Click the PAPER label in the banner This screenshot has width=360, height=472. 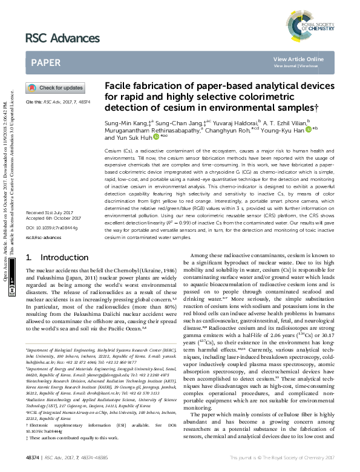tap(45, 62)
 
